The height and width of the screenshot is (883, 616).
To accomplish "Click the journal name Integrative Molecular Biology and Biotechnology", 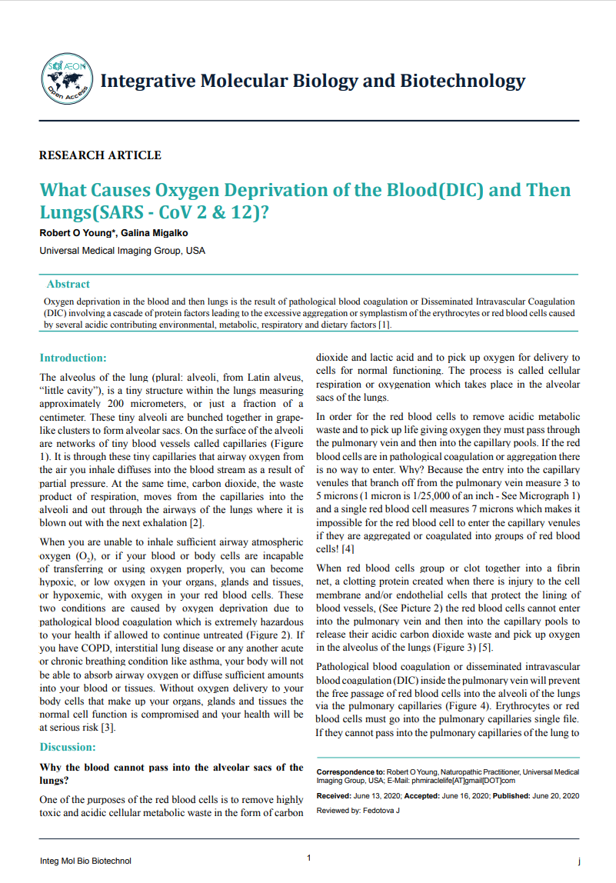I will coord(312,81).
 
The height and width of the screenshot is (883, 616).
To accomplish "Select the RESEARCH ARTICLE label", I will coord(100,155).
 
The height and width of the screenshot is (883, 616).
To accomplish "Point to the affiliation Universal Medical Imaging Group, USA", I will coord(122,251).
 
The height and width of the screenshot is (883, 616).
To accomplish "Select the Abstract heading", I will coord(68,284).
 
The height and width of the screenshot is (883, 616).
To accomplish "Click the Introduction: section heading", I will coord(73,358).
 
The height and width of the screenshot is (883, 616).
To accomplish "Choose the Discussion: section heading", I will coord(68,747).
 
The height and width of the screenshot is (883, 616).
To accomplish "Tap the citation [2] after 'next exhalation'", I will coord(196,524).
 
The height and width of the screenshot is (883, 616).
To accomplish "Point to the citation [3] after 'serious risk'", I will coord(108,728).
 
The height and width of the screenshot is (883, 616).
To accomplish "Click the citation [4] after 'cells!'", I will coord(346,550).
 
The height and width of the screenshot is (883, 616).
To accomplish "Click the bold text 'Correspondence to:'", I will coord(351,771).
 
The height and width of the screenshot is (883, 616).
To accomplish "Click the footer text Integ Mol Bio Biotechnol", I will coord(85,861).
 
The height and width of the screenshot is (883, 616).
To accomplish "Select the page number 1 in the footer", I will coord(308,858).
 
